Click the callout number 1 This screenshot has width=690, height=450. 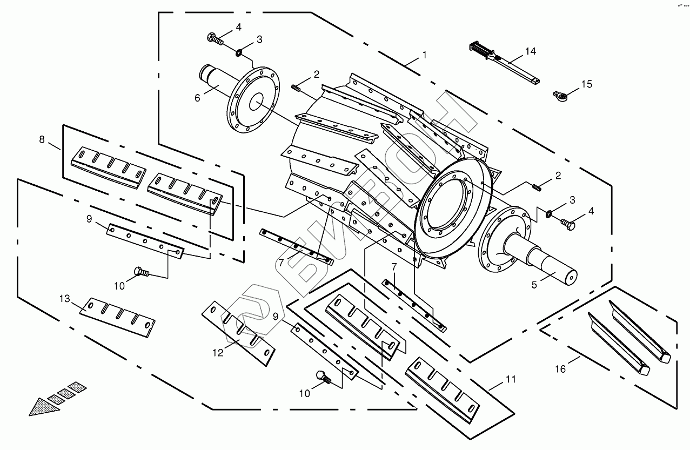tap(424, 55)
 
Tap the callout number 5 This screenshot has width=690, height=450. tap(534, 285)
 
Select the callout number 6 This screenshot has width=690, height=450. tap(197, 97)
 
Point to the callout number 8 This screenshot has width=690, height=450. tap(42, 139)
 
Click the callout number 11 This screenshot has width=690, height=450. tap(511, 379)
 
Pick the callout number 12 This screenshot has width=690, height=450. tap(217, 353)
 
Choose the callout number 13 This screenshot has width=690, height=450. tap(65, 298)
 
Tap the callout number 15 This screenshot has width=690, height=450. tap(586, 84)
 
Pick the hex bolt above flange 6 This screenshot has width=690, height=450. tap(216, 38)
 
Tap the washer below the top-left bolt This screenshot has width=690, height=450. tap(238, 52)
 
